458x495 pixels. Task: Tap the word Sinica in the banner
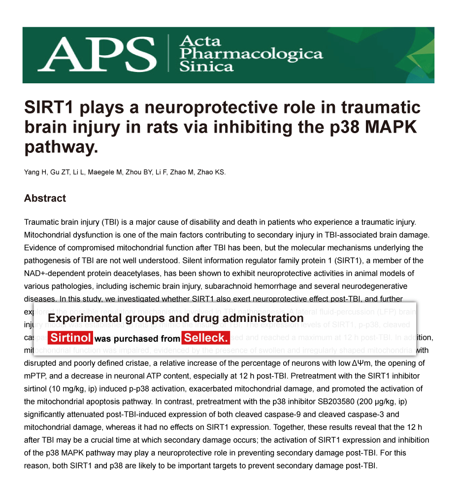click(206, 67)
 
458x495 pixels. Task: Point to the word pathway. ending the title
click(61, 146)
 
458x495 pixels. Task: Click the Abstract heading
click(45, 198)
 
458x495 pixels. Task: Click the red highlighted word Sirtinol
click(71, 338)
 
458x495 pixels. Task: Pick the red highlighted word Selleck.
click(206, 338)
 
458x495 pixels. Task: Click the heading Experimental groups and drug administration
click(175, 318)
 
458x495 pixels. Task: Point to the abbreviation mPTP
click(34, 376)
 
